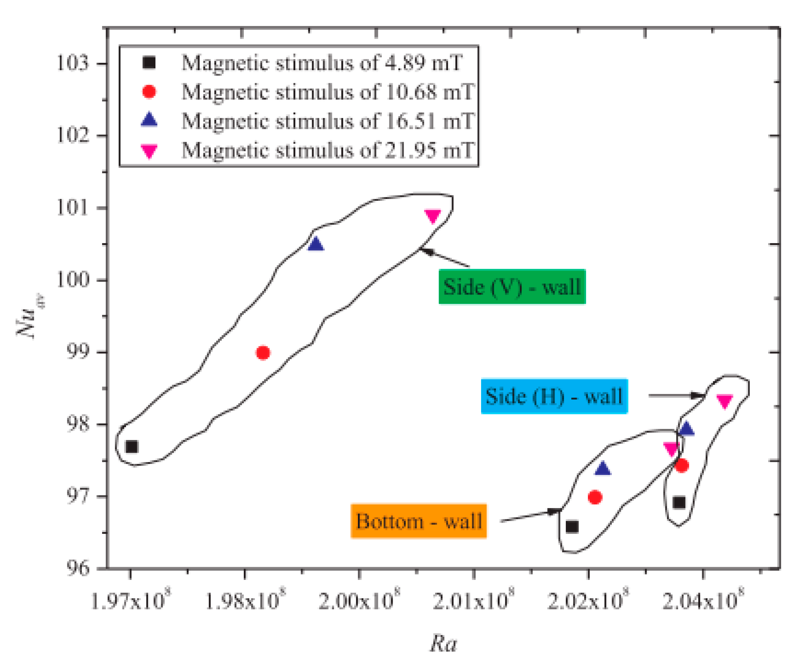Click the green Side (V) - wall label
[x=512, y=287]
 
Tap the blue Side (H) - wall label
[x=554, y=396]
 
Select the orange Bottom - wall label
[x=418, y=521]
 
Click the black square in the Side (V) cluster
[x=131, y=446]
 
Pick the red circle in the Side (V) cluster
[x=263, y=352]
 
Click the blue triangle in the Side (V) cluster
[x=316, y=244]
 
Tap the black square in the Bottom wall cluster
[x=572, y=527]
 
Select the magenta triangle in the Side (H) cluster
[x=724, y=401]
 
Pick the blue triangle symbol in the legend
[x=149, y=120]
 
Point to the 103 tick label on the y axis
[x=72, y=63]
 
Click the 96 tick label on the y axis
[x=78, y=568]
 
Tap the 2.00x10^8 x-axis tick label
[x=359, y=602]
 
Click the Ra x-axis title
[x=443, y=644]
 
